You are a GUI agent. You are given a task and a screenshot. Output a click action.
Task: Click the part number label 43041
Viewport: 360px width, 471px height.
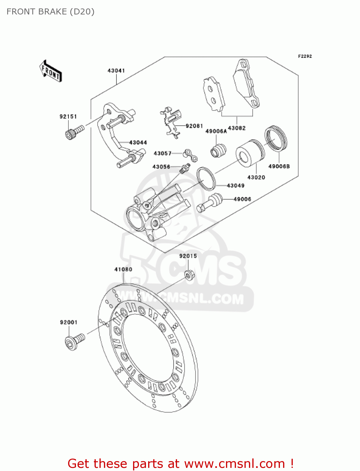(x=116, y=71)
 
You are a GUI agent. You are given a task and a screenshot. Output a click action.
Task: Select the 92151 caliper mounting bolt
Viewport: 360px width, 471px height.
(x=74, y=132)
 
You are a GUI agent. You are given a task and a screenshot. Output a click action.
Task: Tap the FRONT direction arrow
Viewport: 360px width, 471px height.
(x=51, y=71)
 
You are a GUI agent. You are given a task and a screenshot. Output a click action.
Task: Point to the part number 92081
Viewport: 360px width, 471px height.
(x=194, y=126)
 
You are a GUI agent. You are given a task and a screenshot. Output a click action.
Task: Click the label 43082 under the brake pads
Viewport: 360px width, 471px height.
(x=237, y=128)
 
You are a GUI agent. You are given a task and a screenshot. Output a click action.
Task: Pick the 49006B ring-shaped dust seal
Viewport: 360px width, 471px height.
(x=276, y=138)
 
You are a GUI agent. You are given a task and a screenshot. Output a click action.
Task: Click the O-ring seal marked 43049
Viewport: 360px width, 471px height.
(x=206, y=178)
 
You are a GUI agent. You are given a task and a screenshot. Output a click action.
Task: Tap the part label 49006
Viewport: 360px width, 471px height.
(x=242, y=199)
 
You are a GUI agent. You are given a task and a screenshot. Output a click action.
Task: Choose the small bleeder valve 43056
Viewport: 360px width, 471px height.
(x=184, y=168)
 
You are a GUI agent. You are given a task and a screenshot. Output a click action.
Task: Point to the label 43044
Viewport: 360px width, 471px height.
(x=138, y=143)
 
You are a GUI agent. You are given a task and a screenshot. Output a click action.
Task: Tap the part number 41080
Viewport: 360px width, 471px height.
(x=123, y=269)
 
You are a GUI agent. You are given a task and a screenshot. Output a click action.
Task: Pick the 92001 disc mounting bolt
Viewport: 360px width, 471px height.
(x=74, y=341)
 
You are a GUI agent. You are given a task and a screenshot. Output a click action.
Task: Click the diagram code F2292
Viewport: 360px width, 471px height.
(x=305, y=56)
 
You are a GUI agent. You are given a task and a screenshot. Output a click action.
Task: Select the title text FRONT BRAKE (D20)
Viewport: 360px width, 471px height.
(x=51, y=12)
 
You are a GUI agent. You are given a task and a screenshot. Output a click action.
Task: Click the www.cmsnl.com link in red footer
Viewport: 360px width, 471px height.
(x=234, y=464)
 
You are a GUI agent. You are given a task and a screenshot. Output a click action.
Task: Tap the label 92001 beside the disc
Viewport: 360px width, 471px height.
(x=68, y=322)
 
